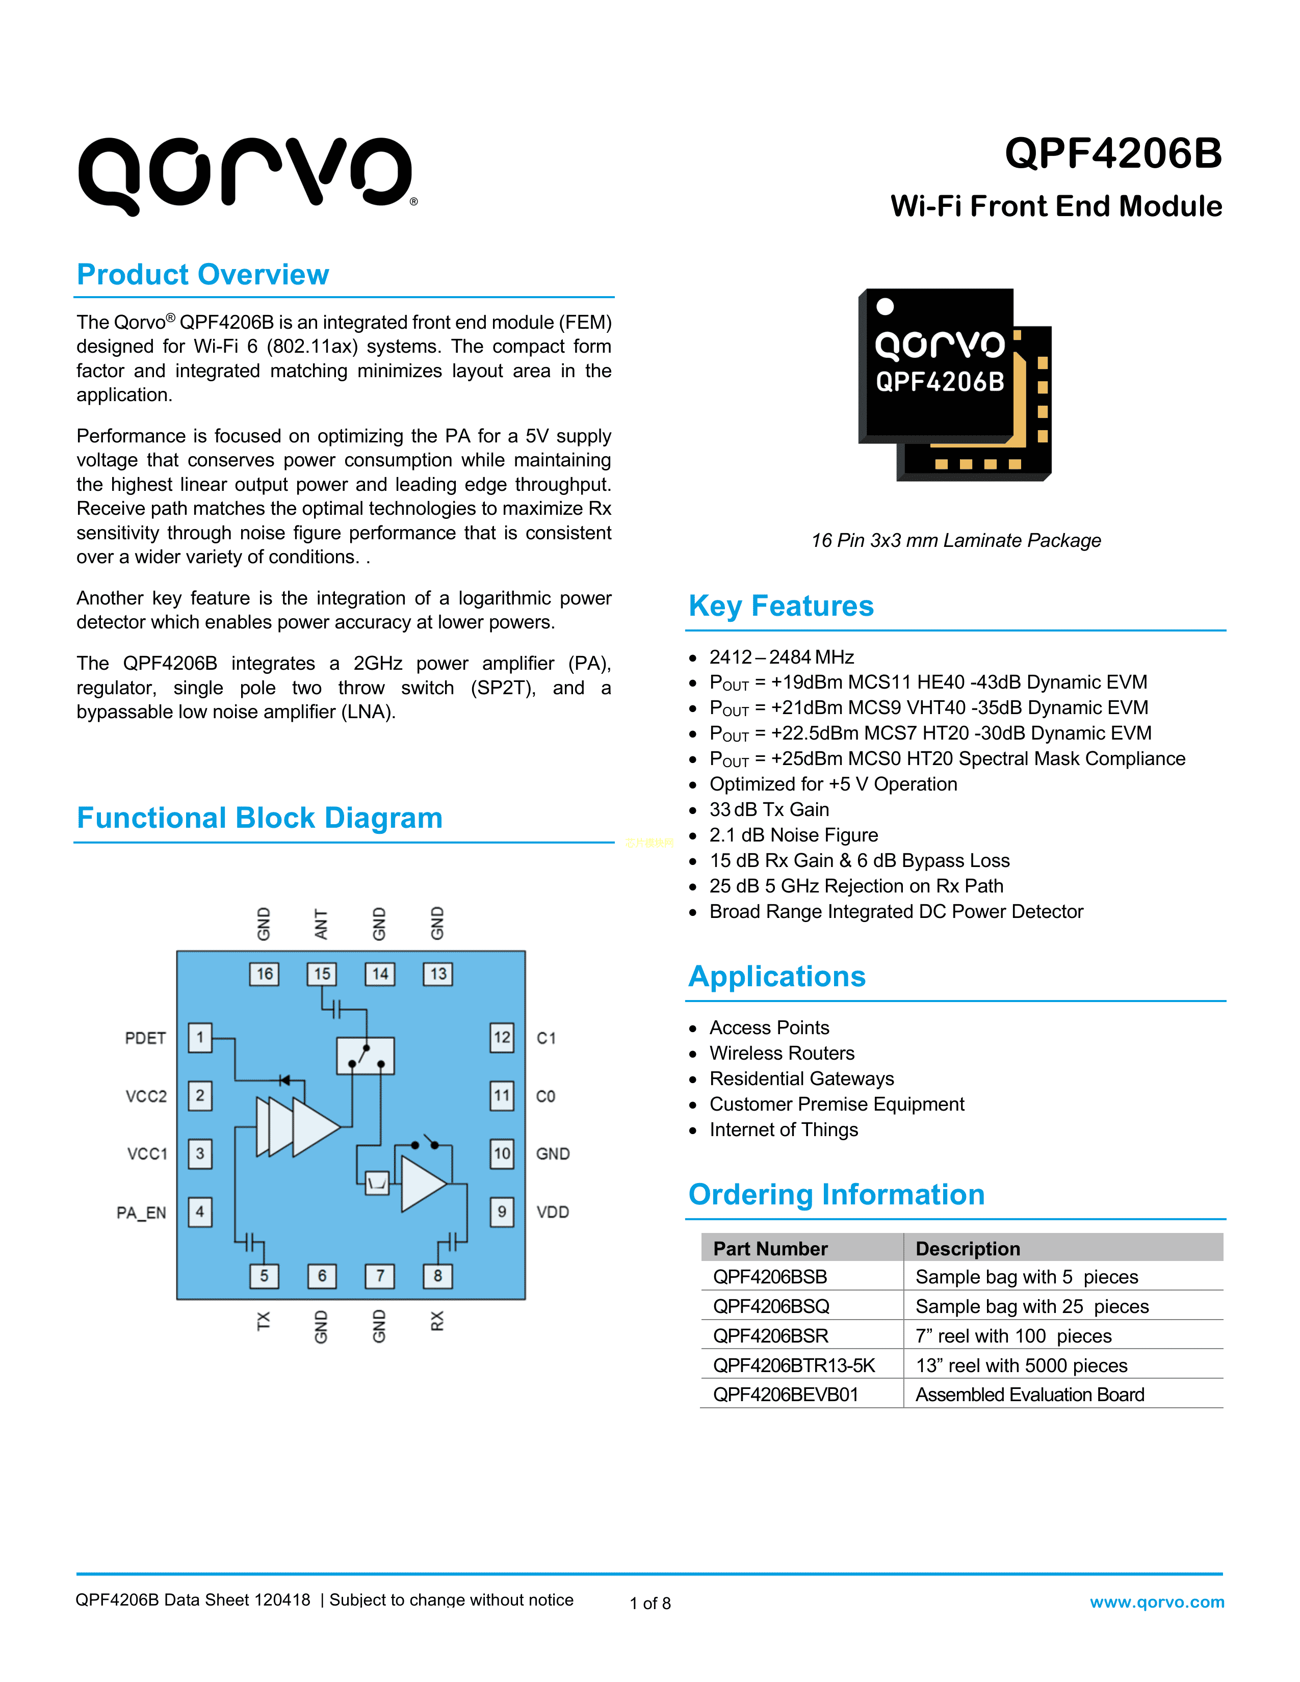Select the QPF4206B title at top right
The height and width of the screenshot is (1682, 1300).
click(x=1113, y=153)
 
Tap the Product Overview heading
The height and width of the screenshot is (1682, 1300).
click(x=202, y=275)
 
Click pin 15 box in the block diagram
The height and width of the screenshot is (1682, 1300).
click(x=322, y=974)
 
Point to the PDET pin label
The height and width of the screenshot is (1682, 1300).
click(x=146, y=1038)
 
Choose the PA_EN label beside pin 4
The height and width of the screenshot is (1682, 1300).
click(x=142, y=1213)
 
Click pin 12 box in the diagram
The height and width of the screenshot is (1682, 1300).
click(x=502, y=1037)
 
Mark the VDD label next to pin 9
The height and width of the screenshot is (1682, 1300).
click(x=553, y=1212)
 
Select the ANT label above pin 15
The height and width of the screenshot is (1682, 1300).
click(x=322, y=924)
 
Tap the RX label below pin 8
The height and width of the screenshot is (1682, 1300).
click(x=437, y=1322)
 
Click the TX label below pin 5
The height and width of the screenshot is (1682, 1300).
click(x=264, y=1322)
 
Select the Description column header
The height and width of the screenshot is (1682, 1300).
click(x=968, y=1248)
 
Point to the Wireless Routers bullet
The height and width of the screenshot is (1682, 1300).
click(x=782, y=1053)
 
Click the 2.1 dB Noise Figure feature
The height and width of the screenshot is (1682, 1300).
click(x=793, y=835)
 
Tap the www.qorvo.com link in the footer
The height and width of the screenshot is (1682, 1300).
click(x=1157, y=1602)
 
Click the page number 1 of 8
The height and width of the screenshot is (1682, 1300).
click(x=650, y=1604)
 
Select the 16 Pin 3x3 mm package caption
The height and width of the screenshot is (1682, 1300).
click(x=956, y=541)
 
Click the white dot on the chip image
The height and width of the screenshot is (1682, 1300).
click(x=886, y=306)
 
